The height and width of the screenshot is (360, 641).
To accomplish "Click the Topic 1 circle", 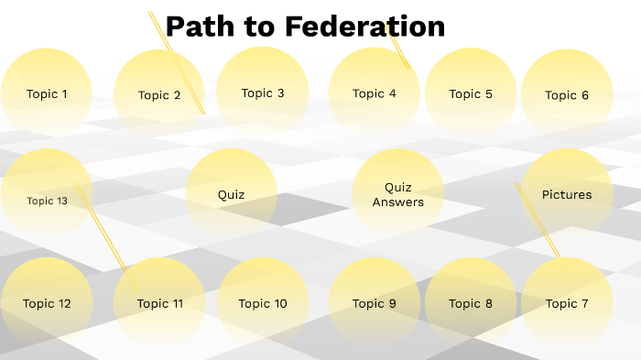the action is coord(47,93).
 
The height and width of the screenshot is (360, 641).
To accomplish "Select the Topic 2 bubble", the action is coord(159,95).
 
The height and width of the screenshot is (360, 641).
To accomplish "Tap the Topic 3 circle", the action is coord(263,93).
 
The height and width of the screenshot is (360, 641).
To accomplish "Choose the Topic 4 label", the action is coord(375,93).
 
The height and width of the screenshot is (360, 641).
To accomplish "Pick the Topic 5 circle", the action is coord(471,93).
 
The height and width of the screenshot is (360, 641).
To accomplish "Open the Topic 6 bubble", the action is coord(567,95).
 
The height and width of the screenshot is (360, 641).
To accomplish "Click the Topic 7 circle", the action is coord(567,303).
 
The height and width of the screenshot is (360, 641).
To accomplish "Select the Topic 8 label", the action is coord(471,303).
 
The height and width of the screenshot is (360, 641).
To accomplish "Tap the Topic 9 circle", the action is coord(375,303).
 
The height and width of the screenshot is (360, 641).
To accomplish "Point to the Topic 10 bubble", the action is coord(263,303).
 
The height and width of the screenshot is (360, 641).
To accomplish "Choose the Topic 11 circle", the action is coord(159,303).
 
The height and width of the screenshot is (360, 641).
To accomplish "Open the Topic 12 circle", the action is coord(47,303).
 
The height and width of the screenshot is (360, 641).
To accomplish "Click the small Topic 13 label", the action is coord(47,201).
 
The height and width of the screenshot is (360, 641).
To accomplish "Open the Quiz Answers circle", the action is coord(398,194).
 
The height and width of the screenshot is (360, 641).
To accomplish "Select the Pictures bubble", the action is coord(567,194).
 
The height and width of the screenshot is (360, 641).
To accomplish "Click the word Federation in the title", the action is coord(365,27).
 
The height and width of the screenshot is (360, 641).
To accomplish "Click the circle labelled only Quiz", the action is coord(232,194).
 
